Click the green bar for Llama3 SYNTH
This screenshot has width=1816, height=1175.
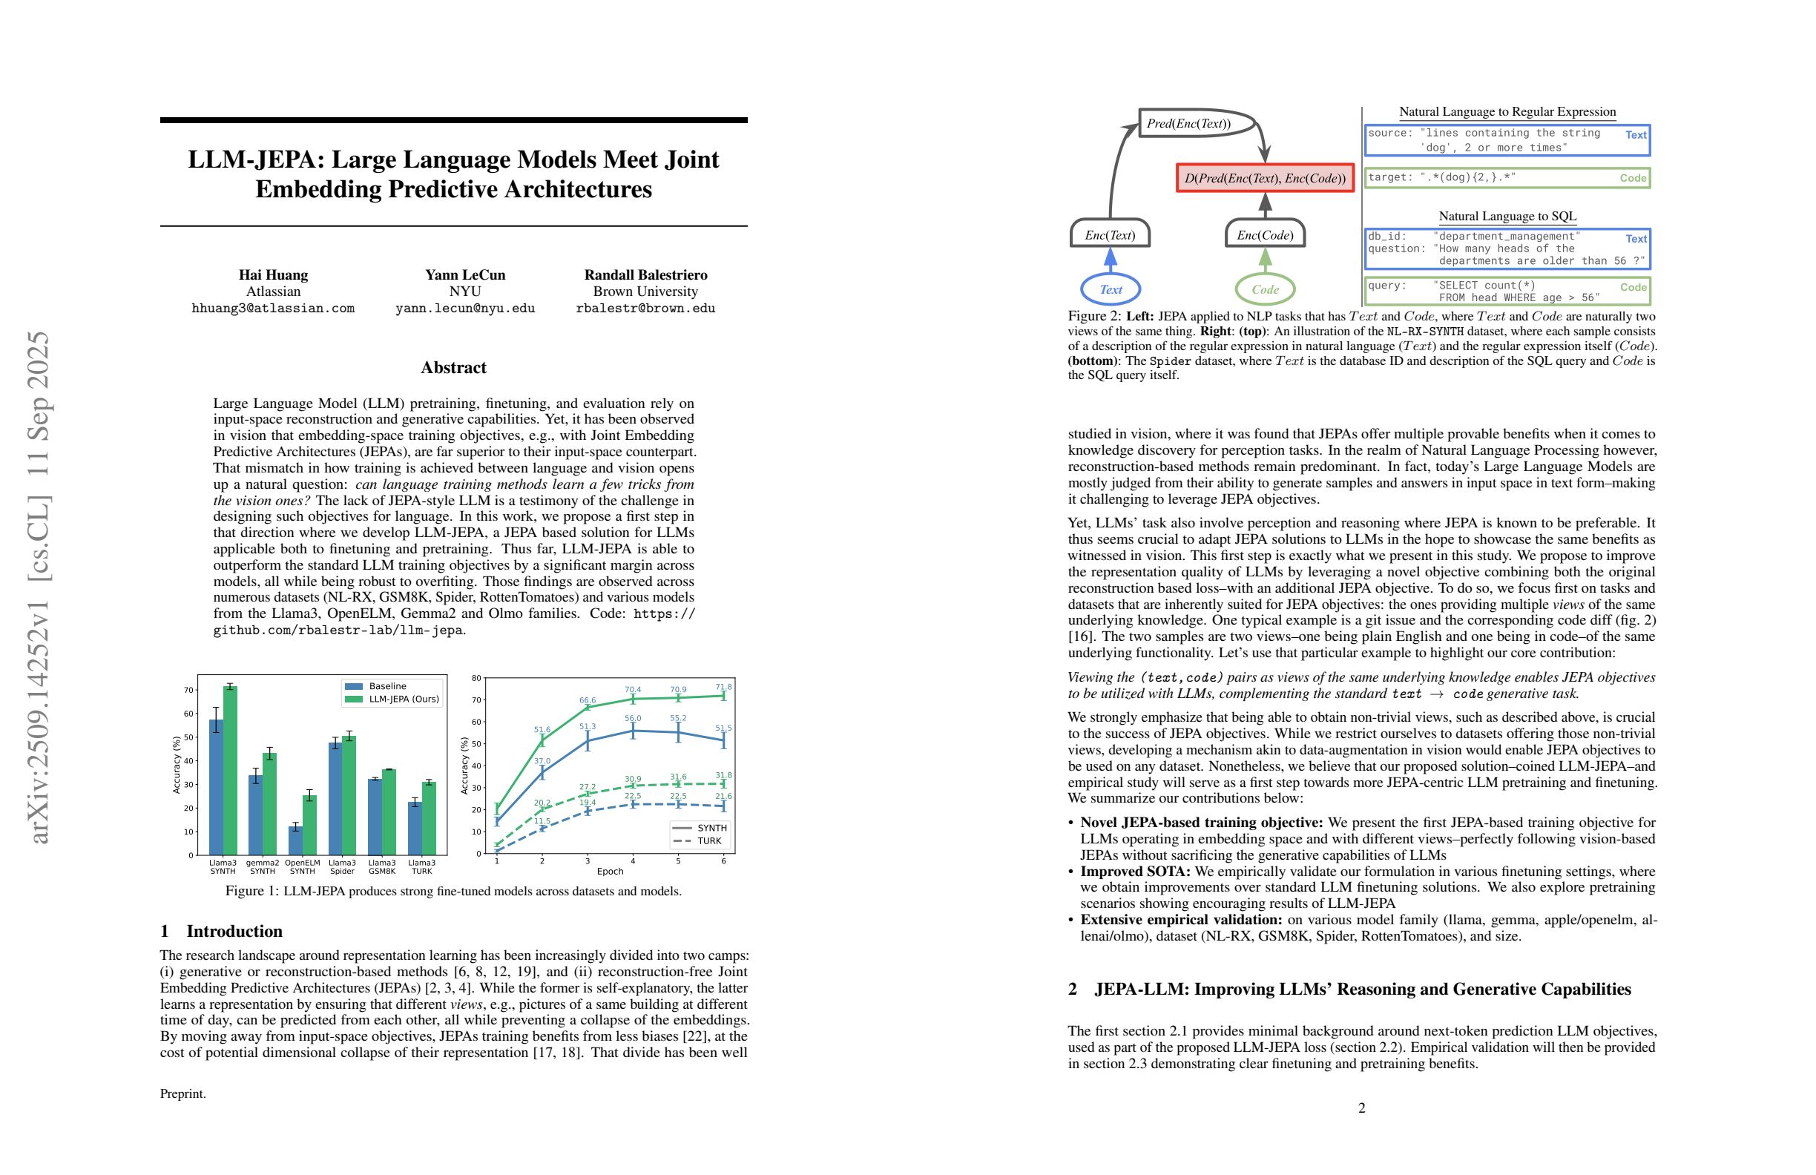[x=230, y=771]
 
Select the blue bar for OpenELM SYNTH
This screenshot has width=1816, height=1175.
[x=295, y=840]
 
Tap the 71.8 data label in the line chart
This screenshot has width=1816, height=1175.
[x=723, y=688]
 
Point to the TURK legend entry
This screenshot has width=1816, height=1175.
[x=700, y=840]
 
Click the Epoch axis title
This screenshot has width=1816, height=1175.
[x=610, y=871]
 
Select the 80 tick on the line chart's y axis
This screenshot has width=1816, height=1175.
[x=476, y=677]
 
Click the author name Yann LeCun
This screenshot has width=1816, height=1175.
[x=464, y=274]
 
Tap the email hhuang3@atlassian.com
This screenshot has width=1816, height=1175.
[x=273, y=309]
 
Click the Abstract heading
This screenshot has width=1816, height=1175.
[x=453, y=367]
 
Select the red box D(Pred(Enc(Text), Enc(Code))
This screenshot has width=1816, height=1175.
[x=1264, y=179]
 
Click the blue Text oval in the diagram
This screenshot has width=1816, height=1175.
[x=1111, y=289]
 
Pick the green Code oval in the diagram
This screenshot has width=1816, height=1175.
[x=1264, y=289]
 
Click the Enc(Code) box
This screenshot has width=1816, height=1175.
[x=1264, y=235]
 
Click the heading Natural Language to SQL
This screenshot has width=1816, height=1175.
[x=1507, y=216]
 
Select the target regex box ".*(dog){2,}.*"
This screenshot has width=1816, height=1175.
[x=1506, y=178]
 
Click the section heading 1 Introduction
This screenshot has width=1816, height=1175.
[x=221, y=931]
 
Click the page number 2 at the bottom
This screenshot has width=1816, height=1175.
[x=1361, y=1107]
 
